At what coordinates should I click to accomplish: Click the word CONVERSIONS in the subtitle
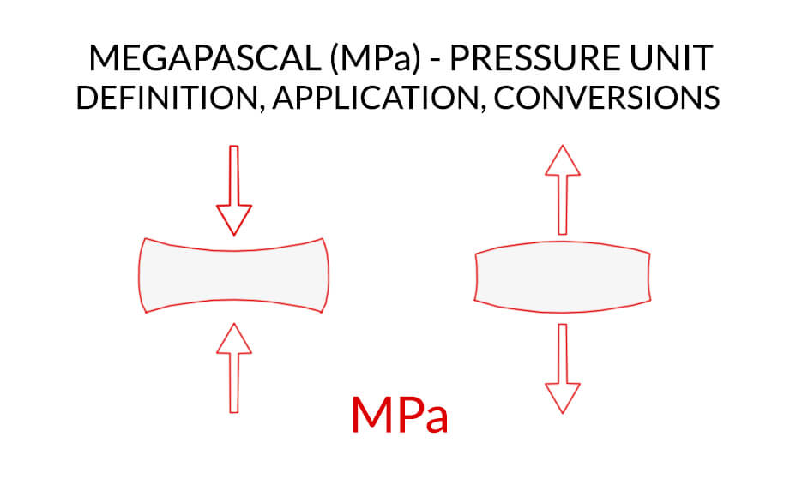coord(606,98)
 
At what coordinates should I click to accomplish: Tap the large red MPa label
coord(400,415)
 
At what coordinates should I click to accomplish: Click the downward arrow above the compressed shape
coord(234,190)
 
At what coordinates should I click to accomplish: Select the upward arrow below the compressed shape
coord(234,368)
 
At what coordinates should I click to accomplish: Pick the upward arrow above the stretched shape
coord(563,189)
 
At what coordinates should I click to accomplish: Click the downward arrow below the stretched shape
coord(563,368)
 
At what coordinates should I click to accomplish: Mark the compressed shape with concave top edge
coord(234,276)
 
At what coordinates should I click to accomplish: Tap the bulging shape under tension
coord(563,277)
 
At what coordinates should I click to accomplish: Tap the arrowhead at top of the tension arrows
coord(563,160)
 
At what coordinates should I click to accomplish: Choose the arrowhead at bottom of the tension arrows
coord(563,398)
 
